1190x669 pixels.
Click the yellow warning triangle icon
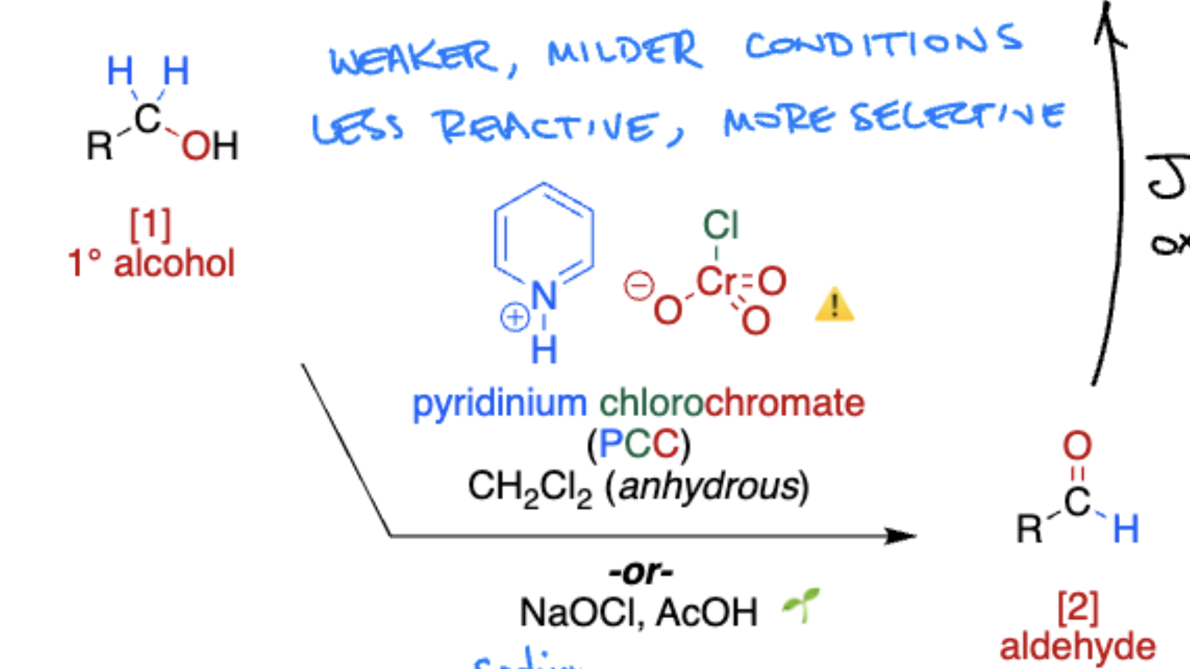[834, 305]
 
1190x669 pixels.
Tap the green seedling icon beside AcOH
[802, 604]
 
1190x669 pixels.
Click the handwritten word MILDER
[624, 52]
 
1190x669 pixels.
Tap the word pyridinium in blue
[499, 403]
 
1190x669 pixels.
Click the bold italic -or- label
[640, 572]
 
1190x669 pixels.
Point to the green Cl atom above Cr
[720, 226]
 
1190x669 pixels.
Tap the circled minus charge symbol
[637, 286]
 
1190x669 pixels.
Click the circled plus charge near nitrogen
[514, 317]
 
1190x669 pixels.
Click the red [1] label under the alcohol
[150, 224]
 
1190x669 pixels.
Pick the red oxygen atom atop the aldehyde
[1077, 445]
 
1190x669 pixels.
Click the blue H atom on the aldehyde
[1125, 529]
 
